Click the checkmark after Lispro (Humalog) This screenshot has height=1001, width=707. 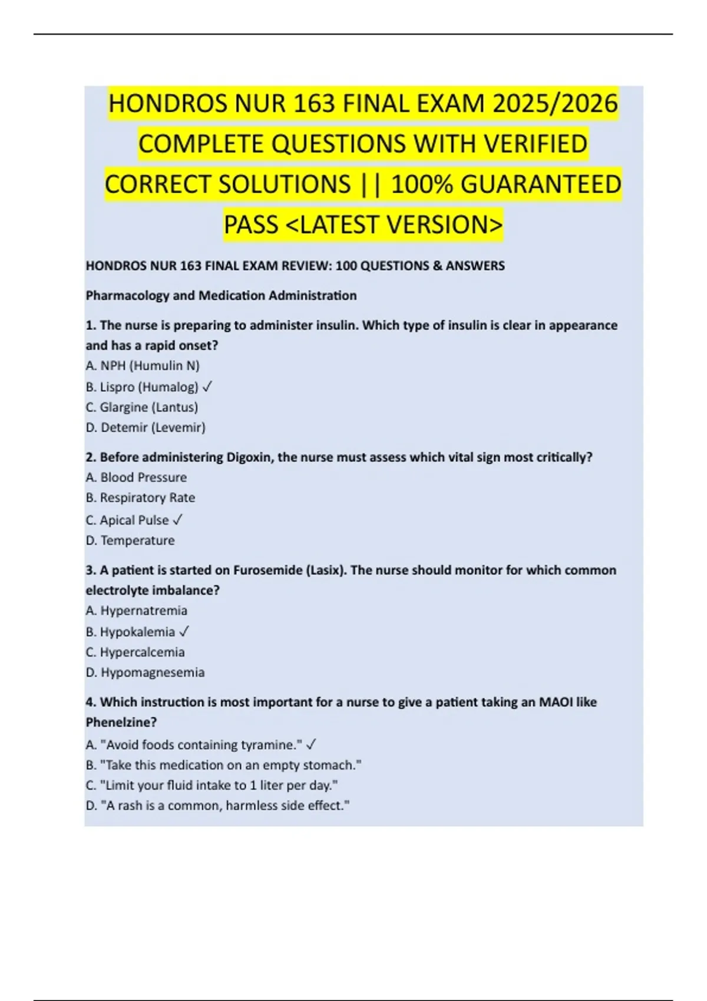click(x=207, y=387)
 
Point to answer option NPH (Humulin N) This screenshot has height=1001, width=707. click(x=143, y=366)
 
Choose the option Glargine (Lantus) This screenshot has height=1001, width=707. click(x=141, y=407)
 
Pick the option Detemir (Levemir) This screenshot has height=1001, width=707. click(x=146, y=427)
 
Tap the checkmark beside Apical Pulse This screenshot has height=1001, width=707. click(x=177, y=520)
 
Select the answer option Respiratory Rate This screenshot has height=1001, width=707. click(x=140, y=498)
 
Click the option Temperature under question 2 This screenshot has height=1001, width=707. click(x=130, y=541)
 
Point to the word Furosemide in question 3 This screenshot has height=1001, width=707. click(x=267, y=570)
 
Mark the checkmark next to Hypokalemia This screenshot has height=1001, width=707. click(x=184, y=632)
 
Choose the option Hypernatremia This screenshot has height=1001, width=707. click(x=136, y=611)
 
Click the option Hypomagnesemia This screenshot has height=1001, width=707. click(x=145, y=672)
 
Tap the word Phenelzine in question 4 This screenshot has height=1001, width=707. click(x=121, y=722)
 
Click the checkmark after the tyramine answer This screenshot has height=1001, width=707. click(x=311, y=745)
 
